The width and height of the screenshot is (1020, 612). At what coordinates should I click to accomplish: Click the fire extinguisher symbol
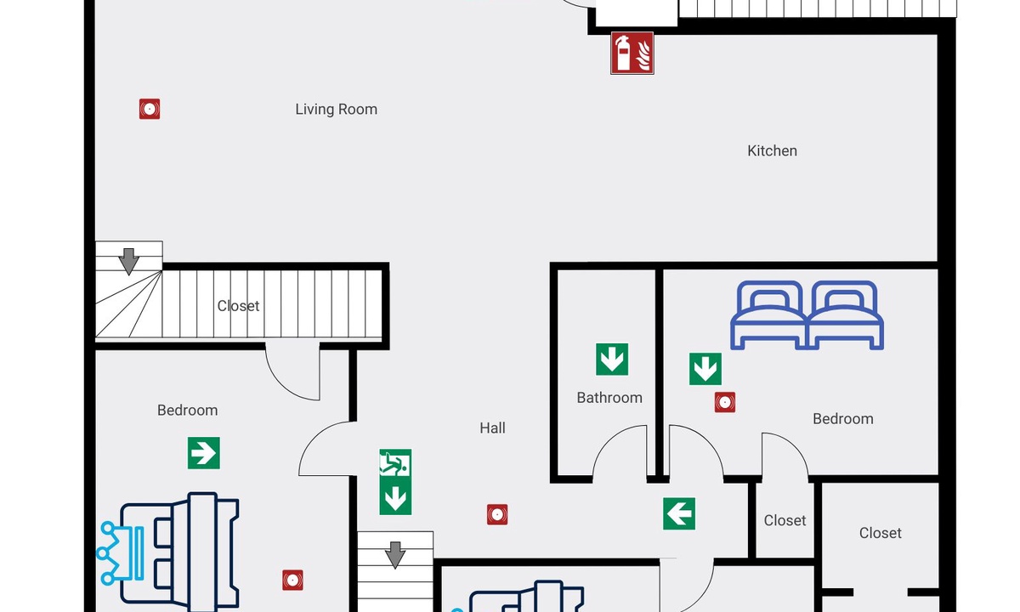click(x=632, y=53)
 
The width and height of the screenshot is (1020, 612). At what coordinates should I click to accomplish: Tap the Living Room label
click(x=336, y=110)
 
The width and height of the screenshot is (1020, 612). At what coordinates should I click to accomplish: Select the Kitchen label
click(x=772, y=151)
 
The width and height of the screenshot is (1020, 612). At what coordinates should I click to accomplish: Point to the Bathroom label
click(x=609, y=398)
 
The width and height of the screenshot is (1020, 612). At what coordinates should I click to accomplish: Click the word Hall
click(x=492, y=428)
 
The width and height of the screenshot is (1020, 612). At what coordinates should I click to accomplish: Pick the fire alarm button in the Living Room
click(x=150, y=109)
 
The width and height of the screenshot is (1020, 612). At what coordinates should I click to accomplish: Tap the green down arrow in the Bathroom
click(x=612, y=360)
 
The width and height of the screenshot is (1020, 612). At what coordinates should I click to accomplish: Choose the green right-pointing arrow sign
click(x=204, y=453)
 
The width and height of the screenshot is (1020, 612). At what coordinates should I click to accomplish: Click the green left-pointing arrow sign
click(x=679, y=513)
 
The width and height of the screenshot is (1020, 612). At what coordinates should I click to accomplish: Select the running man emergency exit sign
click(x=395, y=464)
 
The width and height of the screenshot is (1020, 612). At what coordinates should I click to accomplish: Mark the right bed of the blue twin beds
click(x=845, y=314)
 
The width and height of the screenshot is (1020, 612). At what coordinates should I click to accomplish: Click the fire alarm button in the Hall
click(x=497, y=514)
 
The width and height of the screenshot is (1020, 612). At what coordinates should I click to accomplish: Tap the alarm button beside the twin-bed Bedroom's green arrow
click(x=724, y=403)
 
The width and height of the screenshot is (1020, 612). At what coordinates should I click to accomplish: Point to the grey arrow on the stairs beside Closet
click(x=128, y=260)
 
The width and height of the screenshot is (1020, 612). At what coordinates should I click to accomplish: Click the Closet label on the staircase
click(x=238, y=306)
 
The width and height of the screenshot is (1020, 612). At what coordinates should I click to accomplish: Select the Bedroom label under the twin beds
click(x=842, y=419)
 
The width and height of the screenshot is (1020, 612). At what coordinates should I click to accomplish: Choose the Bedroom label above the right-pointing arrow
click(x=187, y=411)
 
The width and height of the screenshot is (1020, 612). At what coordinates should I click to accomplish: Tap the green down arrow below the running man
click(x=395, y=498)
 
